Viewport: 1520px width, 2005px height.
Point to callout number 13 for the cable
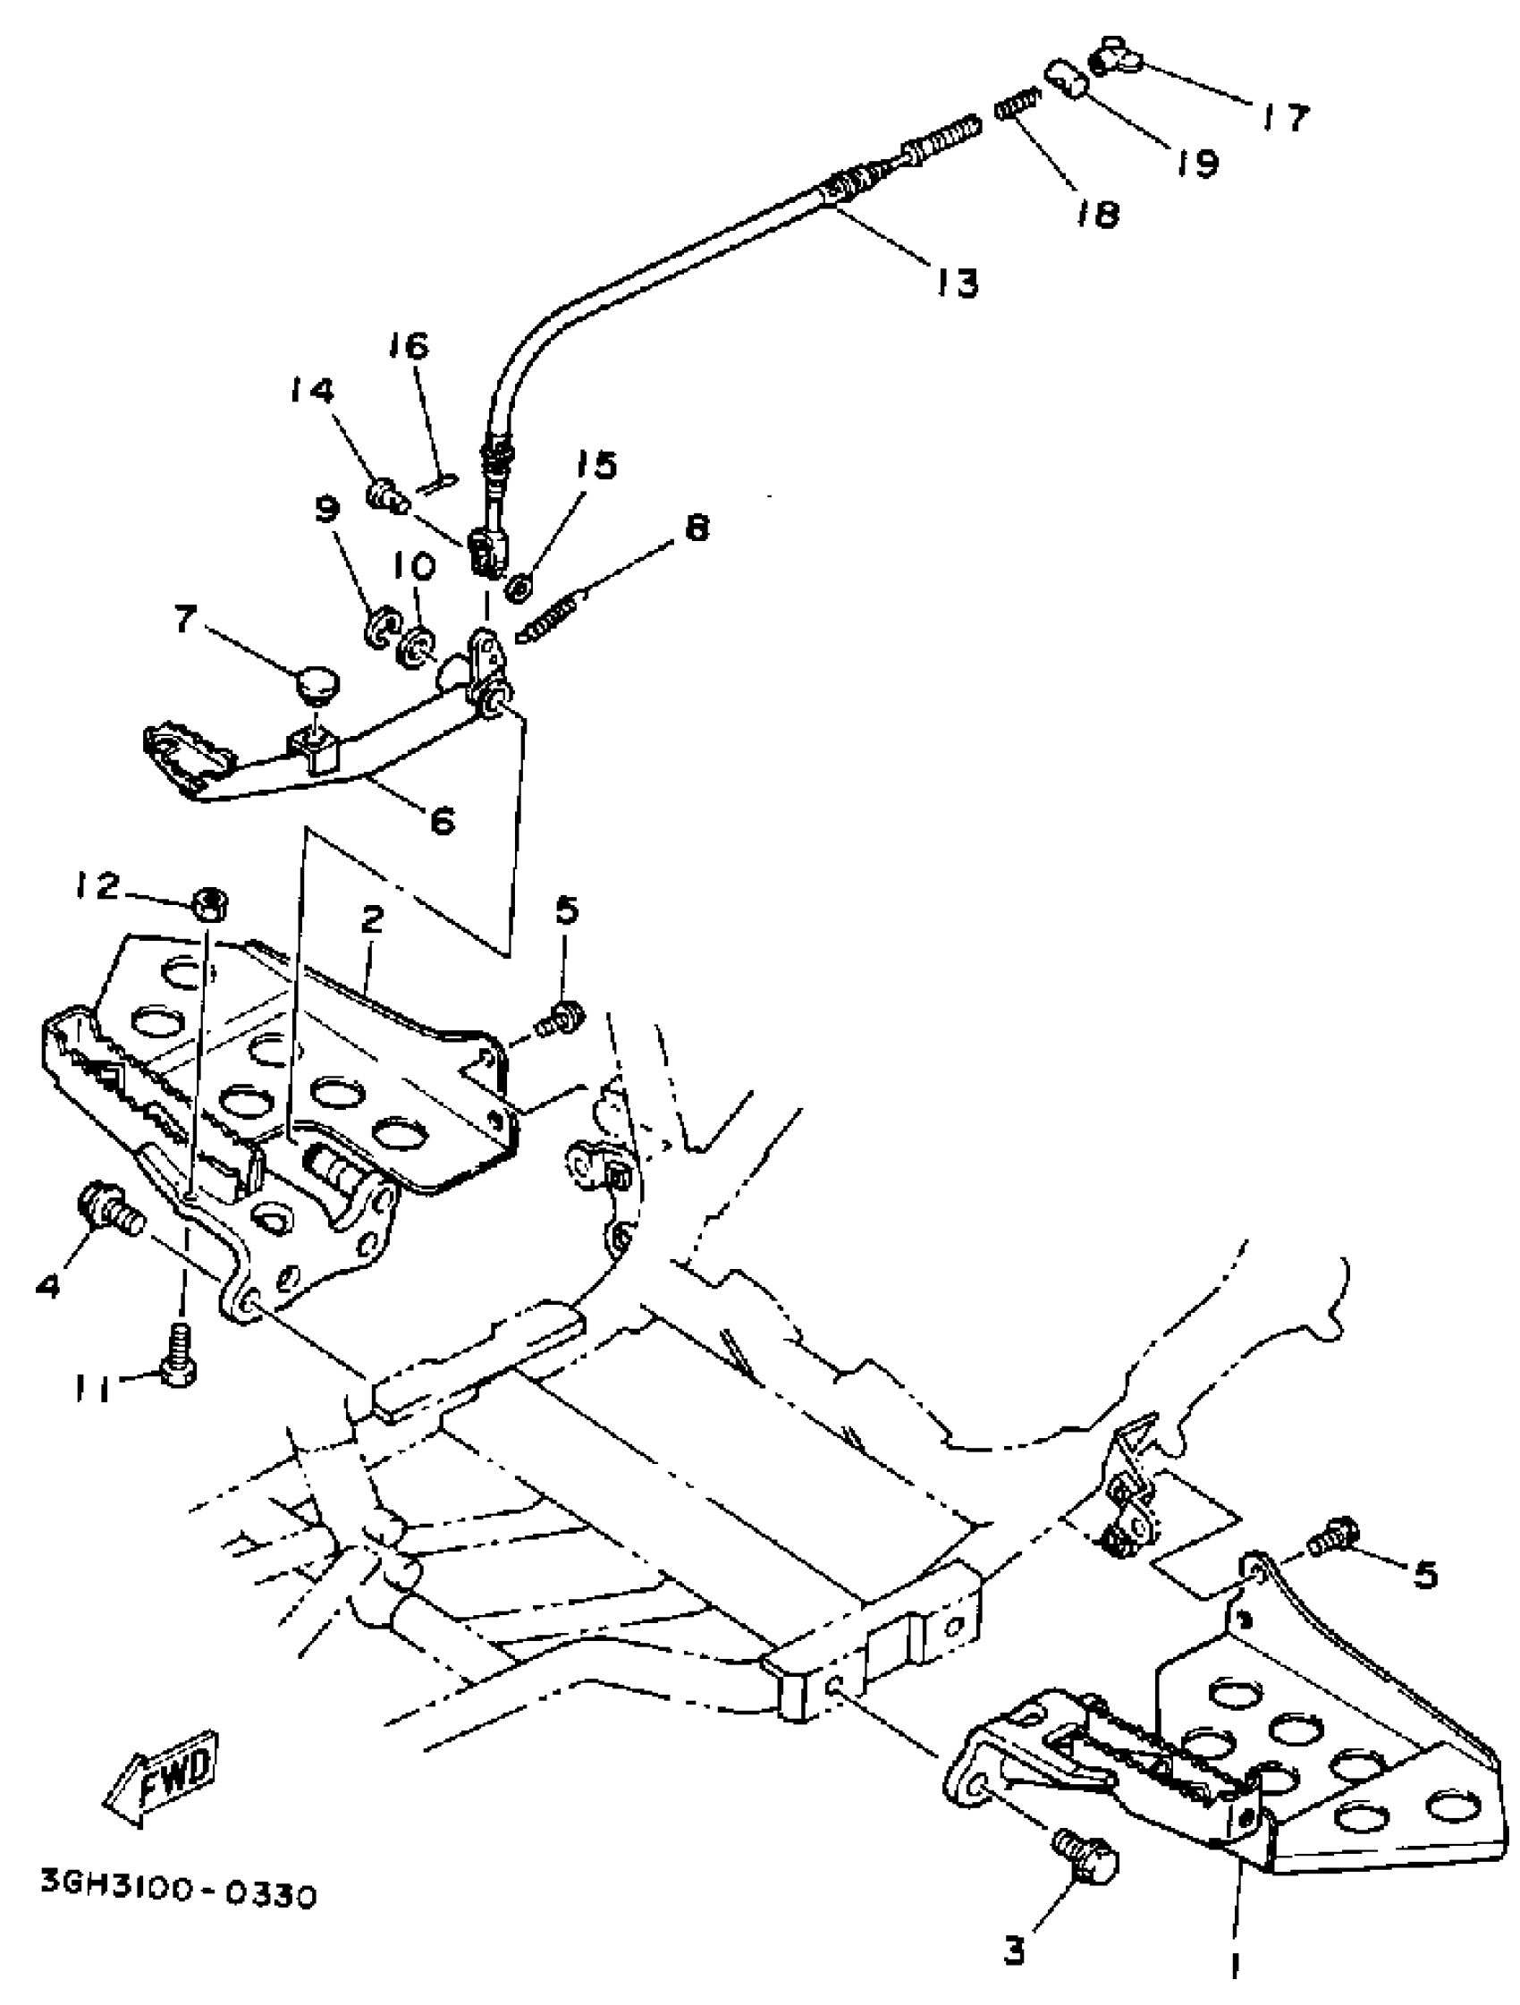[957, 283]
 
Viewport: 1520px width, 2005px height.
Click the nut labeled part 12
[209, 903]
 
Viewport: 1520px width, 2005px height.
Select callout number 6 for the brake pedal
[442, 821]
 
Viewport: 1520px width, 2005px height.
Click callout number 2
[372, 921]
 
